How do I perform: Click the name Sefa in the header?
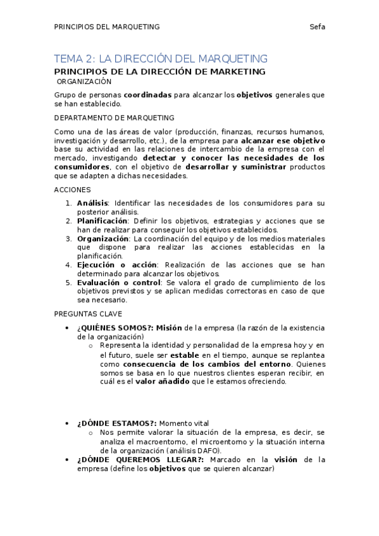318,27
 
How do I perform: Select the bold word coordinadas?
147,95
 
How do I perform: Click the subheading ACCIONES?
72,190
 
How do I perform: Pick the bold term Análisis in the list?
92,203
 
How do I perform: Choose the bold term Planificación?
103,221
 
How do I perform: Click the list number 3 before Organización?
69,238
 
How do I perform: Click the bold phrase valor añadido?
160,382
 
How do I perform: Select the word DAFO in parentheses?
209,450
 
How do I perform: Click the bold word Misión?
169,327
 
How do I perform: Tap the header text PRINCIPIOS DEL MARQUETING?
106,27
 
